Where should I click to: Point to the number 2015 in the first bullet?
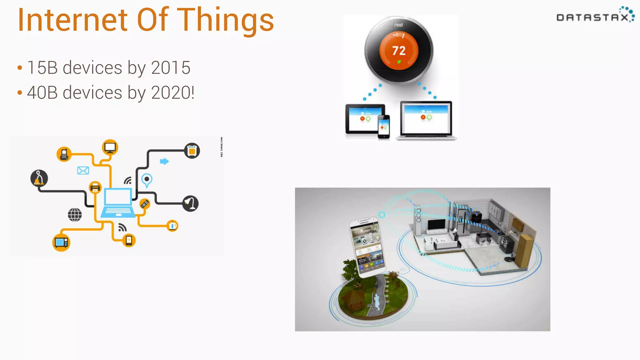[171, 67]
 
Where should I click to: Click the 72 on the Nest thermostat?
[399, 51]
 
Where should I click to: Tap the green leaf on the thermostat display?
[399, 62]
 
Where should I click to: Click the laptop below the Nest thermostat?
[426, 120]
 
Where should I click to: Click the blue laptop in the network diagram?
[118, 202]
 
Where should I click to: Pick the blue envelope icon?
[83, 170]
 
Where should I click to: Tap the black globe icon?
[75, 215]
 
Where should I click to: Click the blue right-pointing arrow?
[164, 161]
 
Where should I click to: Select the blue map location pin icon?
[147, 180]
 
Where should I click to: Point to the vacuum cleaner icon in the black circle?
[39, 178]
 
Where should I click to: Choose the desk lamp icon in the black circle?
[190, 203]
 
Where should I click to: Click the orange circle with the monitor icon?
[110, 147]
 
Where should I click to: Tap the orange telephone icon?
[64, 154]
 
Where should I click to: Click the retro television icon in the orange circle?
[61, 242]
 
